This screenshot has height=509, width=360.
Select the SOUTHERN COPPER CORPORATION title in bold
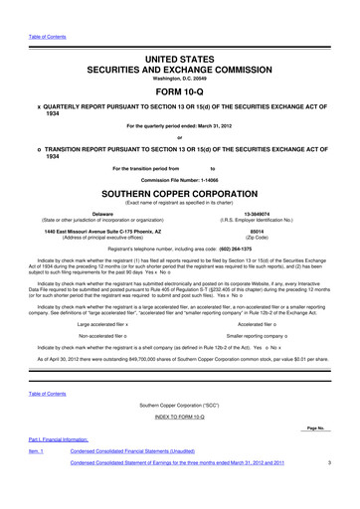pos(179,190)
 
